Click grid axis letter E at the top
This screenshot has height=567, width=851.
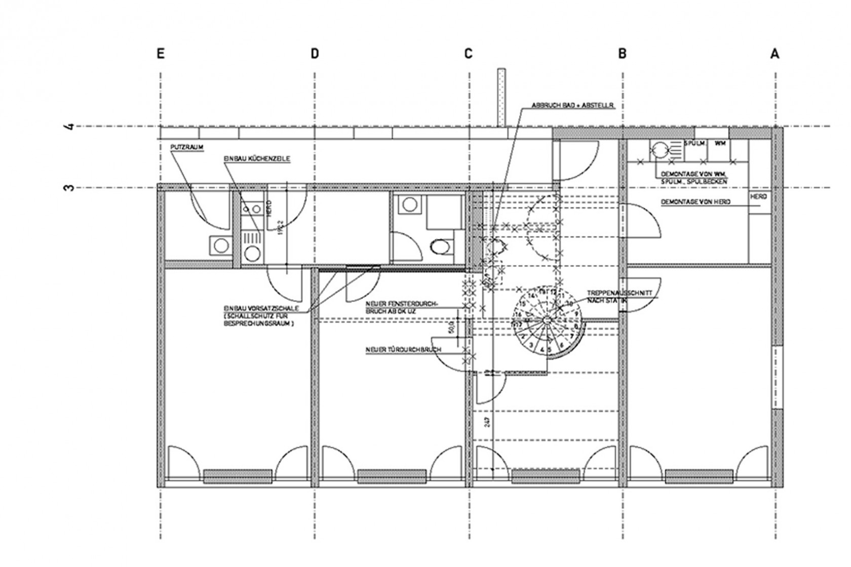click(x=161, y=53)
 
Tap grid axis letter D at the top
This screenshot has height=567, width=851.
click(x=315, y=53)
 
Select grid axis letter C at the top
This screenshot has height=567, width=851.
click(x=468, y=53)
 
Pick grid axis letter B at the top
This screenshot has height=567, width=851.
click(x=622, y=53)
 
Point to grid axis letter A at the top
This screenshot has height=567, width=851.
click(x=775, y=53)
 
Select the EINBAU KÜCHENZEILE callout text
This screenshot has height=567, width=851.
click(x=257, y=158)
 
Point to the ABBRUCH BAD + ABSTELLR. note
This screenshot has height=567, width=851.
click(x=572, y=105)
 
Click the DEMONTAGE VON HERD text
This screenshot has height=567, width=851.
click(x=695, y=202)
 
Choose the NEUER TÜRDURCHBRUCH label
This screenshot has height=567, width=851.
click(x=403, y=350)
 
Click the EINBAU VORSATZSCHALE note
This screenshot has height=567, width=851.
click(x=260, y=315)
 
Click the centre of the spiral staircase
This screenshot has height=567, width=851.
click(x=547, y=320)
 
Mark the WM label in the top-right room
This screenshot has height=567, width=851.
click(x=720, y=144)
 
